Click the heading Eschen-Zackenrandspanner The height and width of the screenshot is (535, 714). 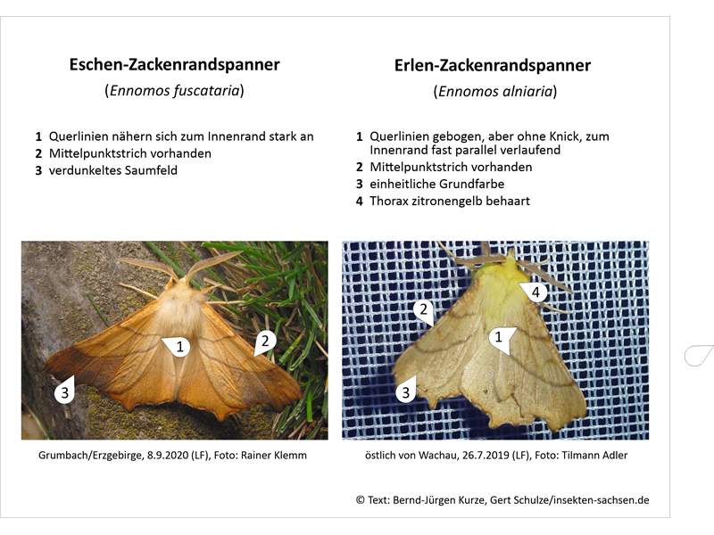(x=174, y=64)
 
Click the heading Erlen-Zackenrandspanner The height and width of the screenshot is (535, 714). (x=493, y=65)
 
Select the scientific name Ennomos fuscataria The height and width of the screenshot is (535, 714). (x=174, y=90)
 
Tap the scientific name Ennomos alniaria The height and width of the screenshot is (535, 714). (x=495, y=92)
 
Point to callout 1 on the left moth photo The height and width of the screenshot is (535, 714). (x=178, y=347)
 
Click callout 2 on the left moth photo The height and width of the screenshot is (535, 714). (x=264, y=342)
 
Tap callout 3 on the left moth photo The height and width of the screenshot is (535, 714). (x=64, y=391)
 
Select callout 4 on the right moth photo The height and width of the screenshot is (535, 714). (x=534, y=292)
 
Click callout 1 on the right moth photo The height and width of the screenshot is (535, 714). (x=501, y=339)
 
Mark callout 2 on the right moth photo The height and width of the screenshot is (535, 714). (x=424, y=310)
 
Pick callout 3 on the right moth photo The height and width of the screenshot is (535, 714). (x=406, y=391)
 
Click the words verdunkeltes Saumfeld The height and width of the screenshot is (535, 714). (x=113, y=170)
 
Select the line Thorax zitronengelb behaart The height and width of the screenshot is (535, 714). (x=450, y=202)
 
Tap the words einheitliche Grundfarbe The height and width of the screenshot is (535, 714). (x=437, y=185)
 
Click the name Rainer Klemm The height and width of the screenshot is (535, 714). (x=274, y=456)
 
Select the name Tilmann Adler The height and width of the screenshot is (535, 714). (x=594, y=456)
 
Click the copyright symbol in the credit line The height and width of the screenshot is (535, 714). (x=361, y=500)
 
